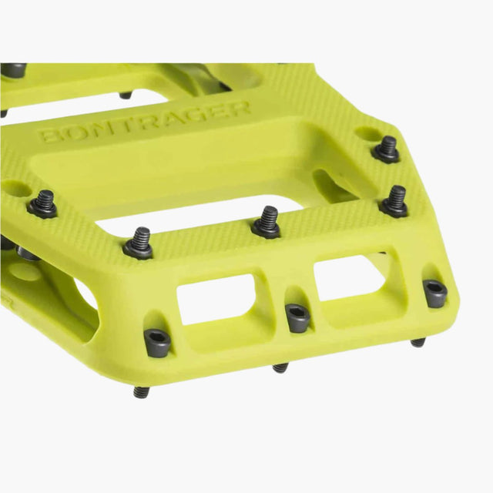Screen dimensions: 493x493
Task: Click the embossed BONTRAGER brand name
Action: coord(144,120)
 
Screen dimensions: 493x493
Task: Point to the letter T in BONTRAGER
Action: coord(136,122)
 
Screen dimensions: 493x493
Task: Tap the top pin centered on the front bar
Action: coord(267,221)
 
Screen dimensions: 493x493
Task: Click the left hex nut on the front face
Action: coord(157,342)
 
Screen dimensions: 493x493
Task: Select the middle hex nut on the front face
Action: coord(297,316)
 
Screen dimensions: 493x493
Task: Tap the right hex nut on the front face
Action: coord(435,292)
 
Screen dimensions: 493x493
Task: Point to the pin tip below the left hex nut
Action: coord(141,392)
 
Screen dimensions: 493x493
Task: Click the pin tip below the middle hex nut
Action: coord(280,367)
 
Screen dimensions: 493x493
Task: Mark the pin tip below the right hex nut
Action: coord(418,342)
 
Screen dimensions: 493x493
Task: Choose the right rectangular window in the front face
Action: coord(350,277)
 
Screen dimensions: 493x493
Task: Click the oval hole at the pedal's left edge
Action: coord(15,187)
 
